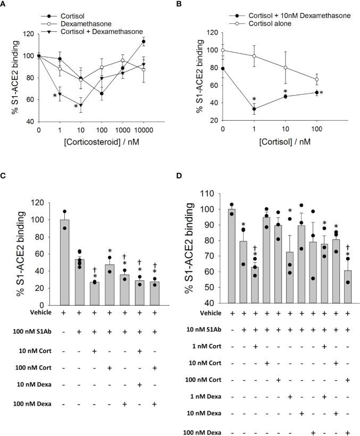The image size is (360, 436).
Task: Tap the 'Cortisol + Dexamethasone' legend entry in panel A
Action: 96,32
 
